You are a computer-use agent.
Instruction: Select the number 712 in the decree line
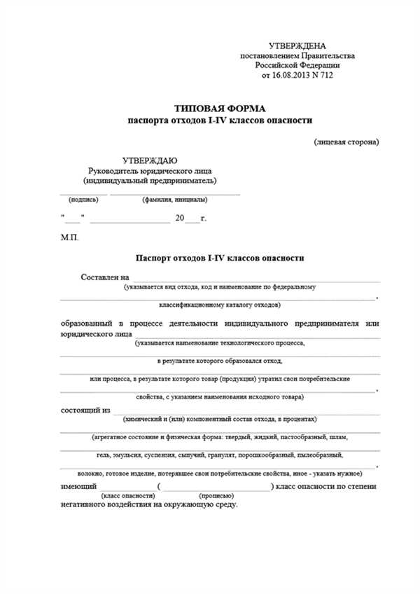pos(326,74)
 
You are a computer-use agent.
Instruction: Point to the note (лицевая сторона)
pos(346,142)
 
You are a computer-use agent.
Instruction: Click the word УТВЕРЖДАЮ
pos(149,160)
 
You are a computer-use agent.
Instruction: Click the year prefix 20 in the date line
pos(179,219)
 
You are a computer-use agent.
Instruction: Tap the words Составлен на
pos(106,277)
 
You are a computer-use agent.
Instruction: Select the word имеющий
pos(78,486)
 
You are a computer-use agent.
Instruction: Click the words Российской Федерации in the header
pos(297,64)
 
